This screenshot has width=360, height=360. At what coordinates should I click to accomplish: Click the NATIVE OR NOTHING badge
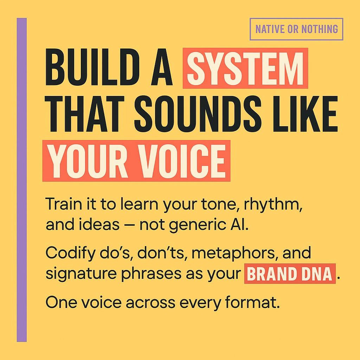[x=296, y=29]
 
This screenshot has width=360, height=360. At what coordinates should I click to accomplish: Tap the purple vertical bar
[x=22, y=180]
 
